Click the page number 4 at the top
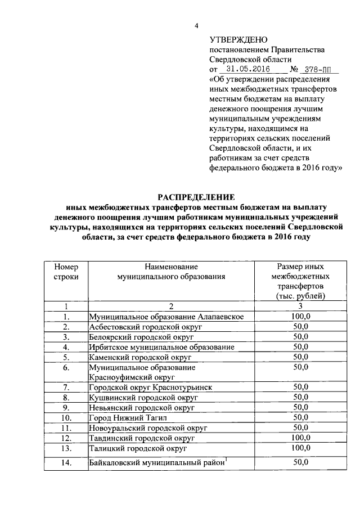[196, 26]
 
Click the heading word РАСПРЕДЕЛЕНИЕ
[196, 196]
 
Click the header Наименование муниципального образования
[171, 272]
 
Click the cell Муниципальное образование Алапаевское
[166, 317]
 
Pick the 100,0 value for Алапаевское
[300, 317]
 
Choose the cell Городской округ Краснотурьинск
[151, 387]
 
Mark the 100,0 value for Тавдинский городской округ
[300, 438]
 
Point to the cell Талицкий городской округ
[135, 448]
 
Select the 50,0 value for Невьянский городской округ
[300, 407]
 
